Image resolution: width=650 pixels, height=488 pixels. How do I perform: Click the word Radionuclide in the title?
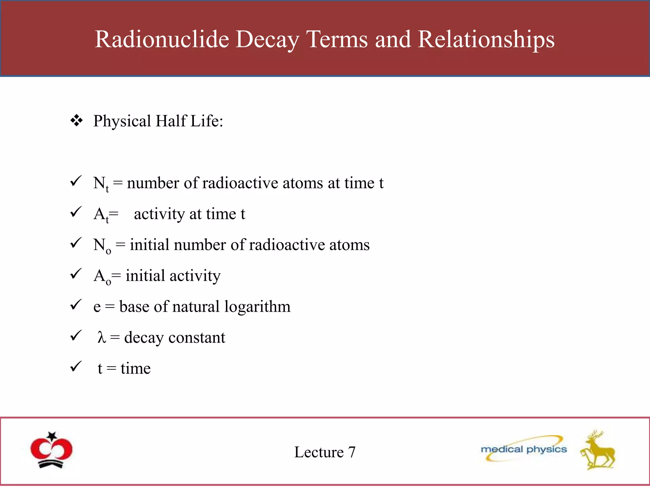click(162, 39)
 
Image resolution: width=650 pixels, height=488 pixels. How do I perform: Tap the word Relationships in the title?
click(486, 39)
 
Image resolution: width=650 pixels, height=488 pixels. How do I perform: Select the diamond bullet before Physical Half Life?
click(76, 121)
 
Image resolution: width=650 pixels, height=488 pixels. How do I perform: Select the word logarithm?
click(257, 307)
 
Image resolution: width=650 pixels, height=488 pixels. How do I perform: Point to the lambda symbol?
click(102, 337)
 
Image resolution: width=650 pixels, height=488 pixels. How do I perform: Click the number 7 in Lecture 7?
click(351, 452)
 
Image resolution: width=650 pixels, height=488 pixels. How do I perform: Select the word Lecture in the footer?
click(319, 452)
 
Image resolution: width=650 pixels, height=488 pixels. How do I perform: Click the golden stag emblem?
click(598, 451)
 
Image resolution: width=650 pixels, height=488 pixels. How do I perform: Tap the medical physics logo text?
click(524, 449)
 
